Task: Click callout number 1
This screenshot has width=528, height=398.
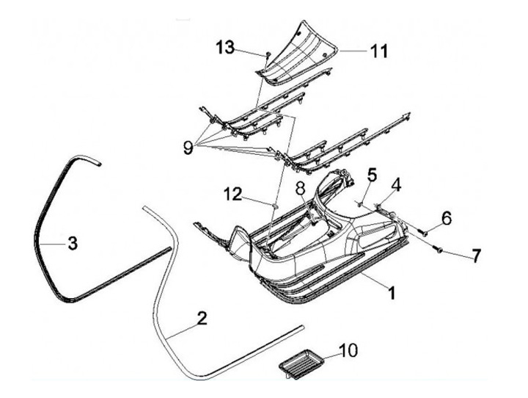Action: (392, 293)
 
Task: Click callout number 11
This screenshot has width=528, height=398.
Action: (378, 51)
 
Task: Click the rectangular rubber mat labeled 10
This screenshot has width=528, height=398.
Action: (301, 361)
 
